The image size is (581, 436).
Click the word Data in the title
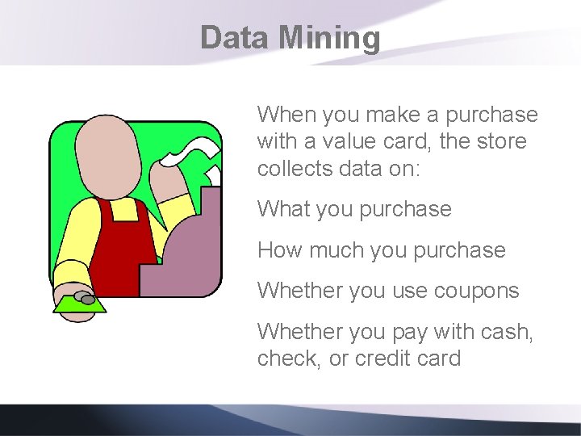click(x=234, y=38)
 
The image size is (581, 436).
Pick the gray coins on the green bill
click(x=86, y=299)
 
